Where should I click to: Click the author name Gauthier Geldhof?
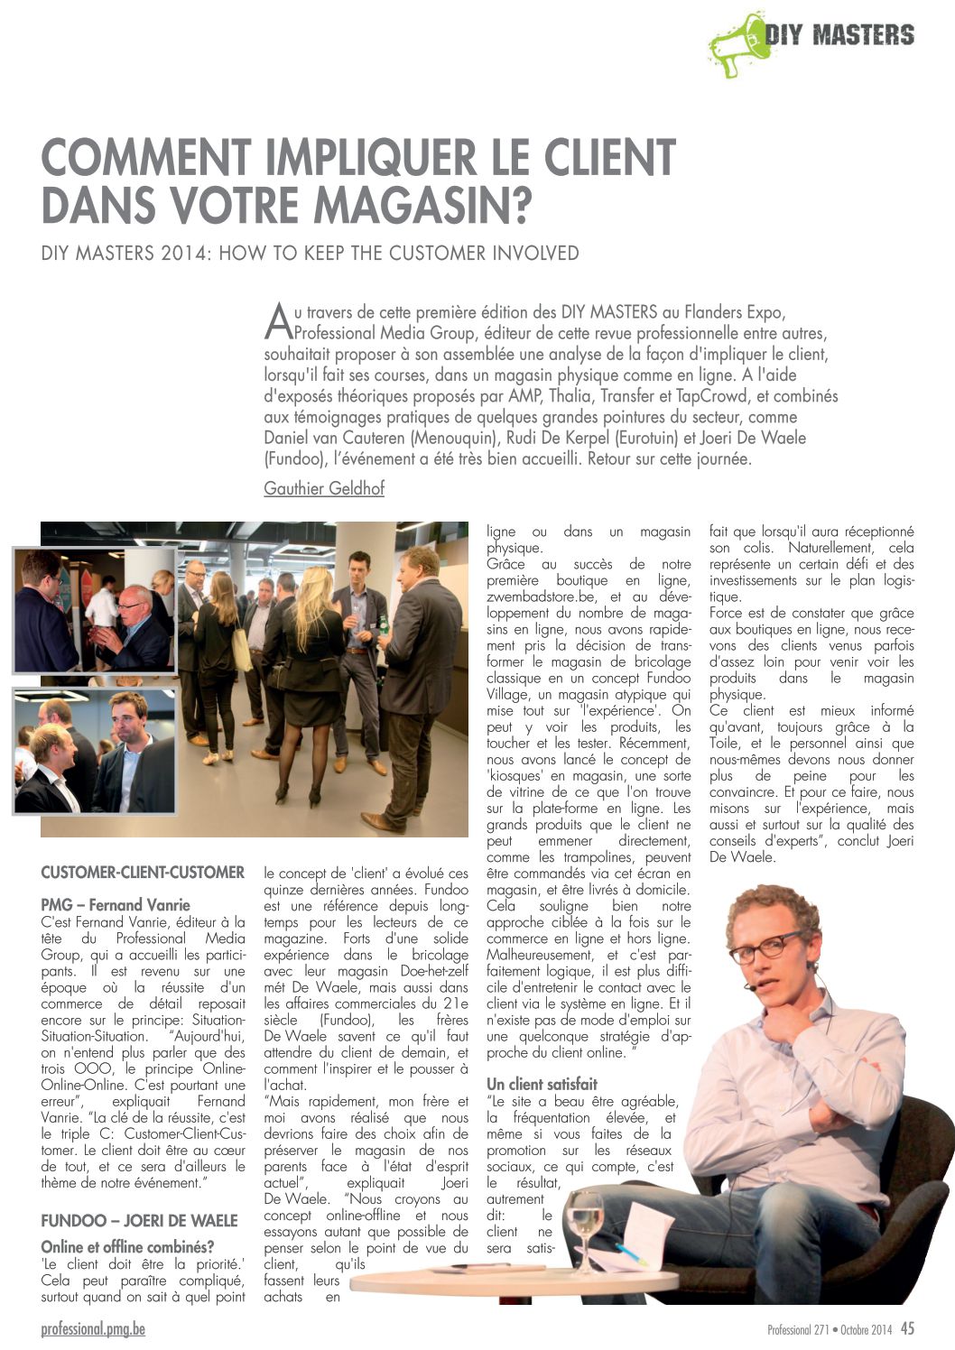point(324,488)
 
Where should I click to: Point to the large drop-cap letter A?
point(278,319)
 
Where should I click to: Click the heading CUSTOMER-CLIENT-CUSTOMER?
point(143,873)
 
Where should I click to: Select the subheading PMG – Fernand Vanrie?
point(116,904)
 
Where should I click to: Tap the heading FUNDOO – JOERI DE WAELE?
point(139,1221)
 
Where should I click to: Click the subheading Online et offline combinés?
point(127,1247)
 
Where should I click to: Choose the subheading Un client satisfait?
point(542,1084)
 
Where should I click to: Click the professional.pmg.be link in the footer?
point(93,1329)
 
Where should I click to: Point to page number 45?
point(907,1328)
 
